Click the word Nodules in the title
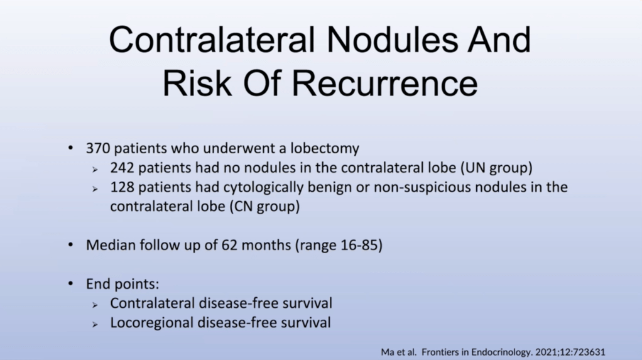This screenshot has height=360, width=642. [392, 40]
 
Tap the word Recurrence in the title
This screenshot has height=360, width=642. [384, 84]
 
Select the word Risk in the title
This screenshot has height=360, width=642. [197, 84]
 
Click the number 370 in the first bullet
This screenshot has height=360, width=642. [98, 148]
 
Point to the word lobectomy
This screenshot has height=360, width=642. [325, 148]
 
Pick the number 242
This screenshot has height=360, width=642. [122, 168]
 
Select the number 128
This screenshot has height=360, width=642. [122, 187]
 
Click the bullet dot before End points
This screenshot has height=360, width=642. [71, 283]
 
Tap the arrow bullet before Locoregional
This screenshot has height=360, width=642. [95, 324]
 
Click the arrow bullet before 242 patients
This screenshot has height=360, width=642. [95, 170]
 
